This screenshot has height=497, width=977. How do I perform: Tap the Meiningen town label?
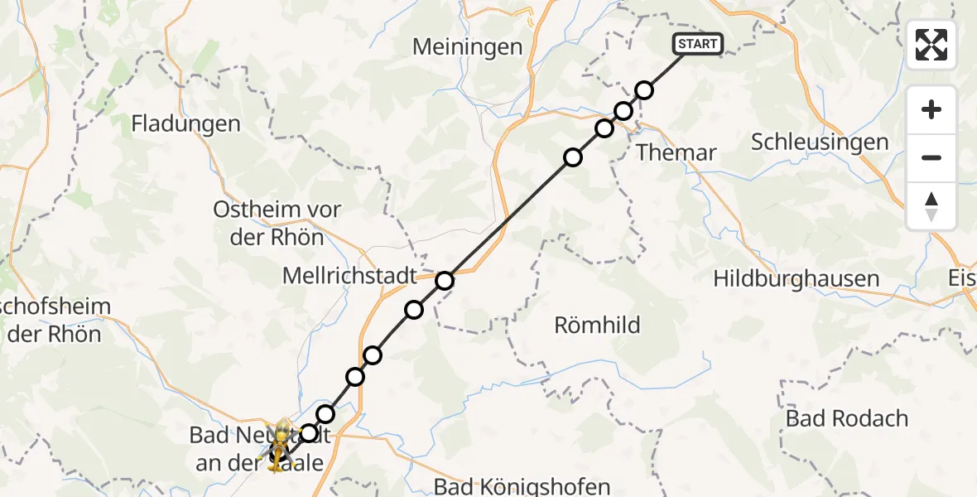tap(468, 47)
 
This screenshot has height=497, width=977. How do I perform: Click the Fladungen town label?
tap(186, 124)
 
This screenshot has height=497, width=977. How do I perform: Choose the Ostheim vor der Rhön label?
tap(277, 223)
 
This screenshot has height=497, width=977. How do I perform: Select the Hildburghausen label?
tap(796, 278)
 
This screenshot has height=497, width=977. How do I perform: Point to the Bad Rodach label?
tap(847, 418)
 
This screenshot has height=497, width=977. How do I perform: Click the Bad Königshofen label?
tap(522, 486)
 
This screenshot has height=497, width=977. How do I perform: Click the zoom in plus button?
tap(931, 110)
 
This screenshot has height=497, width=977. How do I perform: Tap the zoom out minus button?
tap(931, 157)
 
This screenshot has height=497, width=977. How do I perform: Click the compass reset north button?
tap(931, 205)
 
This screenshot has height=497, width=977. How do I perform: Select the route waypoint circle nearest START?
tap(644, 89)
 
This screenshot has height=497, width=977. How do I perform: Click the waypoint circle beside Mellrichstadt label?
tap(445, 281)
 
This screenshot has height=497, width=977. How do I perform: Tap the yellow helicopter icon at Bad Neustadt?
tap(282, 446)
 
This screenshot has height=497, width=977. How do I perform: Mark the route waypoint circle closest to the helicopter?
tap(309, 432)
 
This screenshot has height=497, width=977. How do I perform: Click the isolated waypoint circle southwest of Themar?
tap(573, 157)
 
